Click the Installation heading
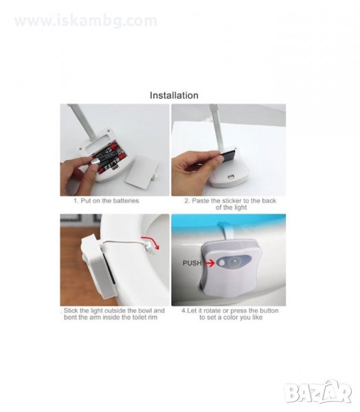pyautogui.click(x=174, y=95)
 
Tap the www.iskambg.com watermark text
pyautogui.click(x=85, y=21)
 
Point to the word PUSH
pyautogui.click(x=192, y=263)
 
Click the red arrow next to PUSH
pyautogui.click(x=209, y=263)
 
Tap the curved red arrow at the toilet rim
pyautogui.click(x=150, y=242)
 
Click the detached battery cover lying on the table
pyautogui.click(x=142, y=174)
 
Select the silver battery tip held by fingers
pyautogui.click(x=95, y=160)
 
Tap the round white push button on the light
pyautogui.click(x=222, y=262)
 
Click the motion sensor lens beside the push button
pyautogui.click(x=234, y=262)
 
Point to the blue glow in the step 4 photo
pyautogui.click(x=229, y=220)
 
